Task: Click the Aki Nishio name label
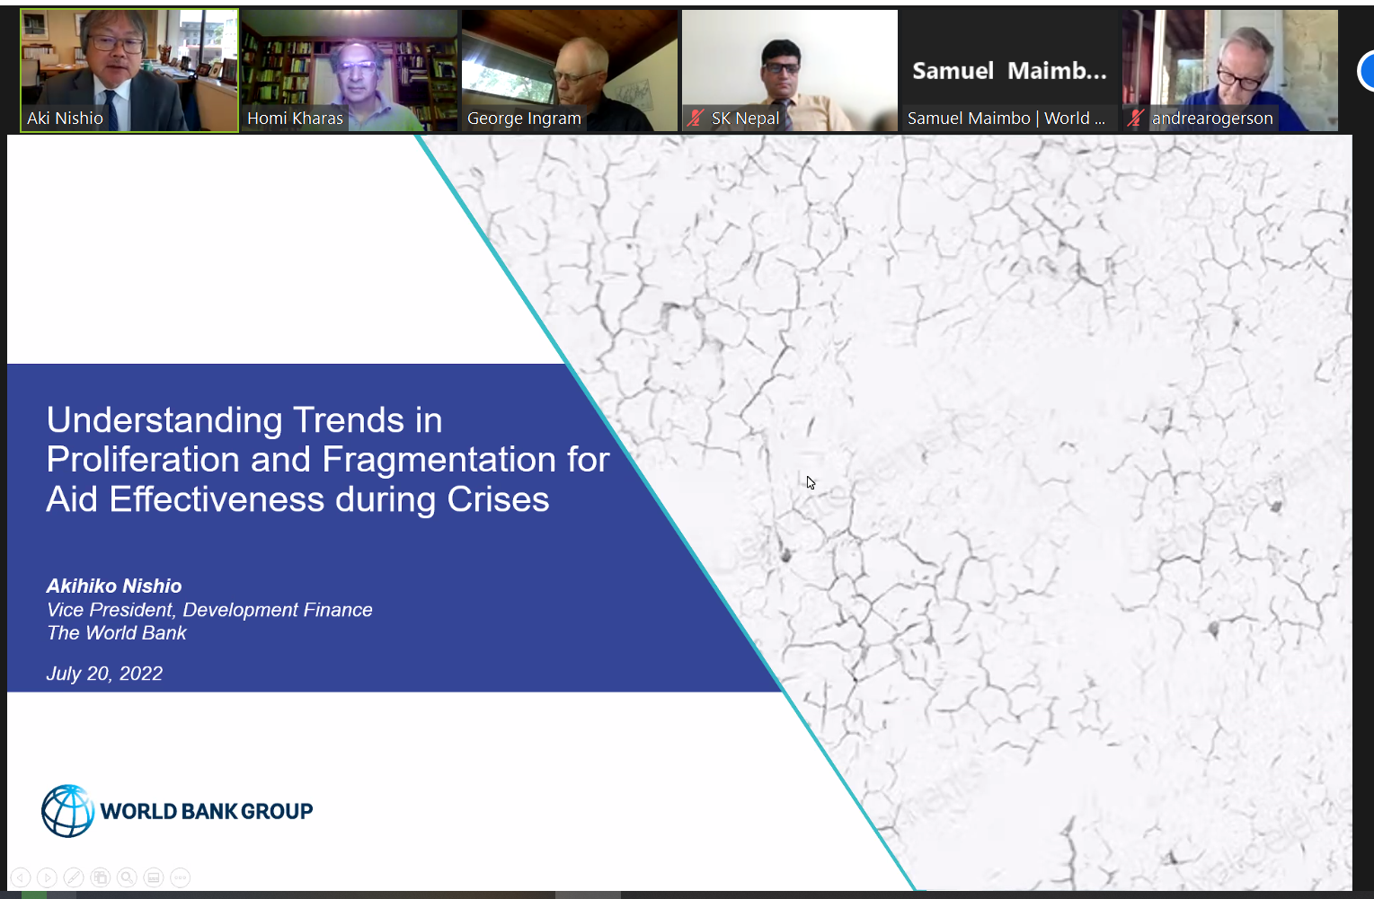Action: pyautogui.click(x=65, y=119)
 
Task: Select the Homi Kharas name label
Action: pyautogui.click(x=295, y=119)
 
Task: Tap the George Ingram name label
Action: pyautogui.click(x=524, y=119)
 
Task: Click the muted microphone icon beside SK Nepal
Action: pyautogui.click(x=696, y=118)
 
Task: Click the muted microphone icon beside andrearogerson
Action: pyautogui.click(x=1136, y=118)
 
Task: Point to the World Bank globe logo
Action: pyautogui.click(x=67, y=811)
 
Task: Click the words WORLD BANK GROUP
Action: pyautogui.click(x=207, y=812)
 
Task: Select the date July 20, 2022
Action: pyautogui.click(x=104, y=674)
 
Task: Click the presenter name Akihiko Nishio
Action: pyautogui.click(x=114, y=586)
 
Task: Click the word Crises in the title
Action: pyautogui.click(x=498, y=499)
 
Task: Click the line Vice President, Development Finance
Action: pyautogui.click(x=209, y=610)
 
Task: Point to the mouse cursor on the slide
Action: pyautogui.click(x=810, y=482)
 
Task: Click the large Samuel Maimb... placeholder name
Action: pyautogui.click(x=1009, y=71)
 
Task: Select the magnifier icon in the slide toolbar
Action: pyautogui.click(x=127, y=877)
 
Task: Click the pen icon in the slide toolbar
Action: pyautogui.click(x=74, y=877)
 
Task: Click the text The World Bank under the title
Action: pyautogui.click(x=117, y=633)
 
